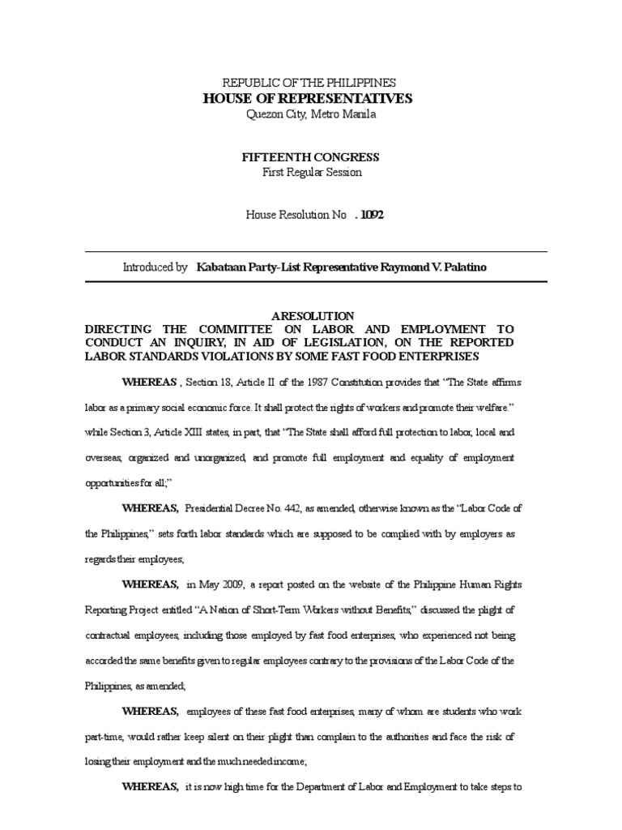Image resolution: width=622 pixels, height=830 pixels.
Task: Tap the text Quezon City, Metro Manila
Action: tap(311, 113)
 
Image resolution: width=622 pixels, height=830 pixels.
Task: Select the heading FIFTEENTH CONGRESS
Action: tap(311, 157)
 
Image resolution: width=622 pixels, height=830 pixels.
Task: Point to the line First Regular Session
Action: tap(311, 172)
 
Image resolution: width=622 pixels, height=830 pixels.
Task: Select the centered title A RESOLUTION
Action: tap(311, 315)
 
